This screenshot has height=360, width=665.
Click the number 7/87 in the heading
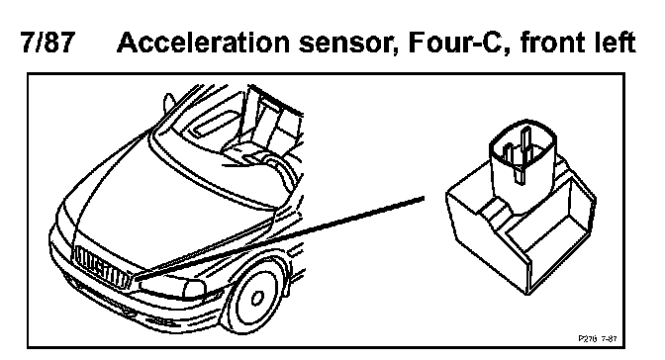(47, 43)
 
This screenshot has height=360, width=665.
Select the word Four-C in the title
(458, 44)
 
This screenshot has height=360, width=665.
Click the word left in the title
(617, 43)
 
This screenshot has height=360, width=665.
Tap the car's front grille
(101, 267)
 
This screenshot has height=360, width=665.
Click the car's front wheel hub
(256, 298)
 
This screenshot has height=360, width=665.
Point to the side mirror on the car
(169, 103)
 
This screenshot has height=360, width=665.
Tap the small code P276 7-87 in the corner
(598, 338)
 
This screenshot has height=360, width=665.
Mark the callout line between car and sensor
(281, 236)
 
